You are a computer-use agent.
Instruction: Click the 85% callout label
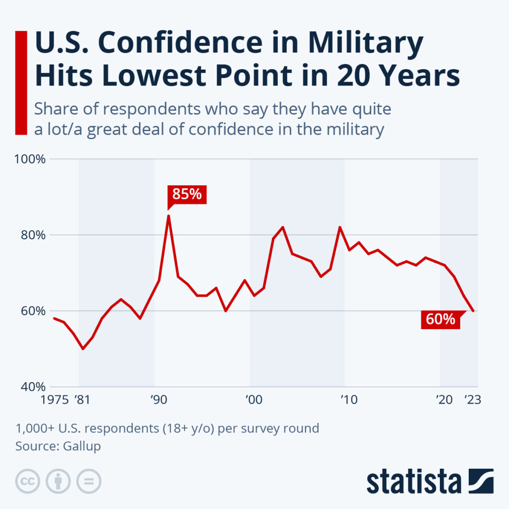pyautogui.click(x=187, y=194)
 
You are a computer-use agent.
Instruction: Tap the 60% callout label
pyautogui.click(x=440, y=319)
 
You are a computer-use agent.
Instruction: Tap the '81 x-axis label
pyautogui.click(x=83, y=399)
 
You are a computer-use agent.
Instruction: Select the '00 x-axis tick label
pyautogui.click(x=253, y=399)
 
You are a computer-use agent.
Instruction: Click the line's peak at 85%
pyautogui.click(x=169, y=215)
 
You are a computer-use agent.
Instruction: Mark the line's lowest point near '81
pyautogui.click(x=83, y=348)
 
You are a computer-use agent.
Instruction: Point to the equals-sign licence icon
pyautogui.click(x=88, y=481)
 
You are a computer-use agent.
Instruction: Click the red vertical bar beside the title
pyautogui.click(x=21, y=82)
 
